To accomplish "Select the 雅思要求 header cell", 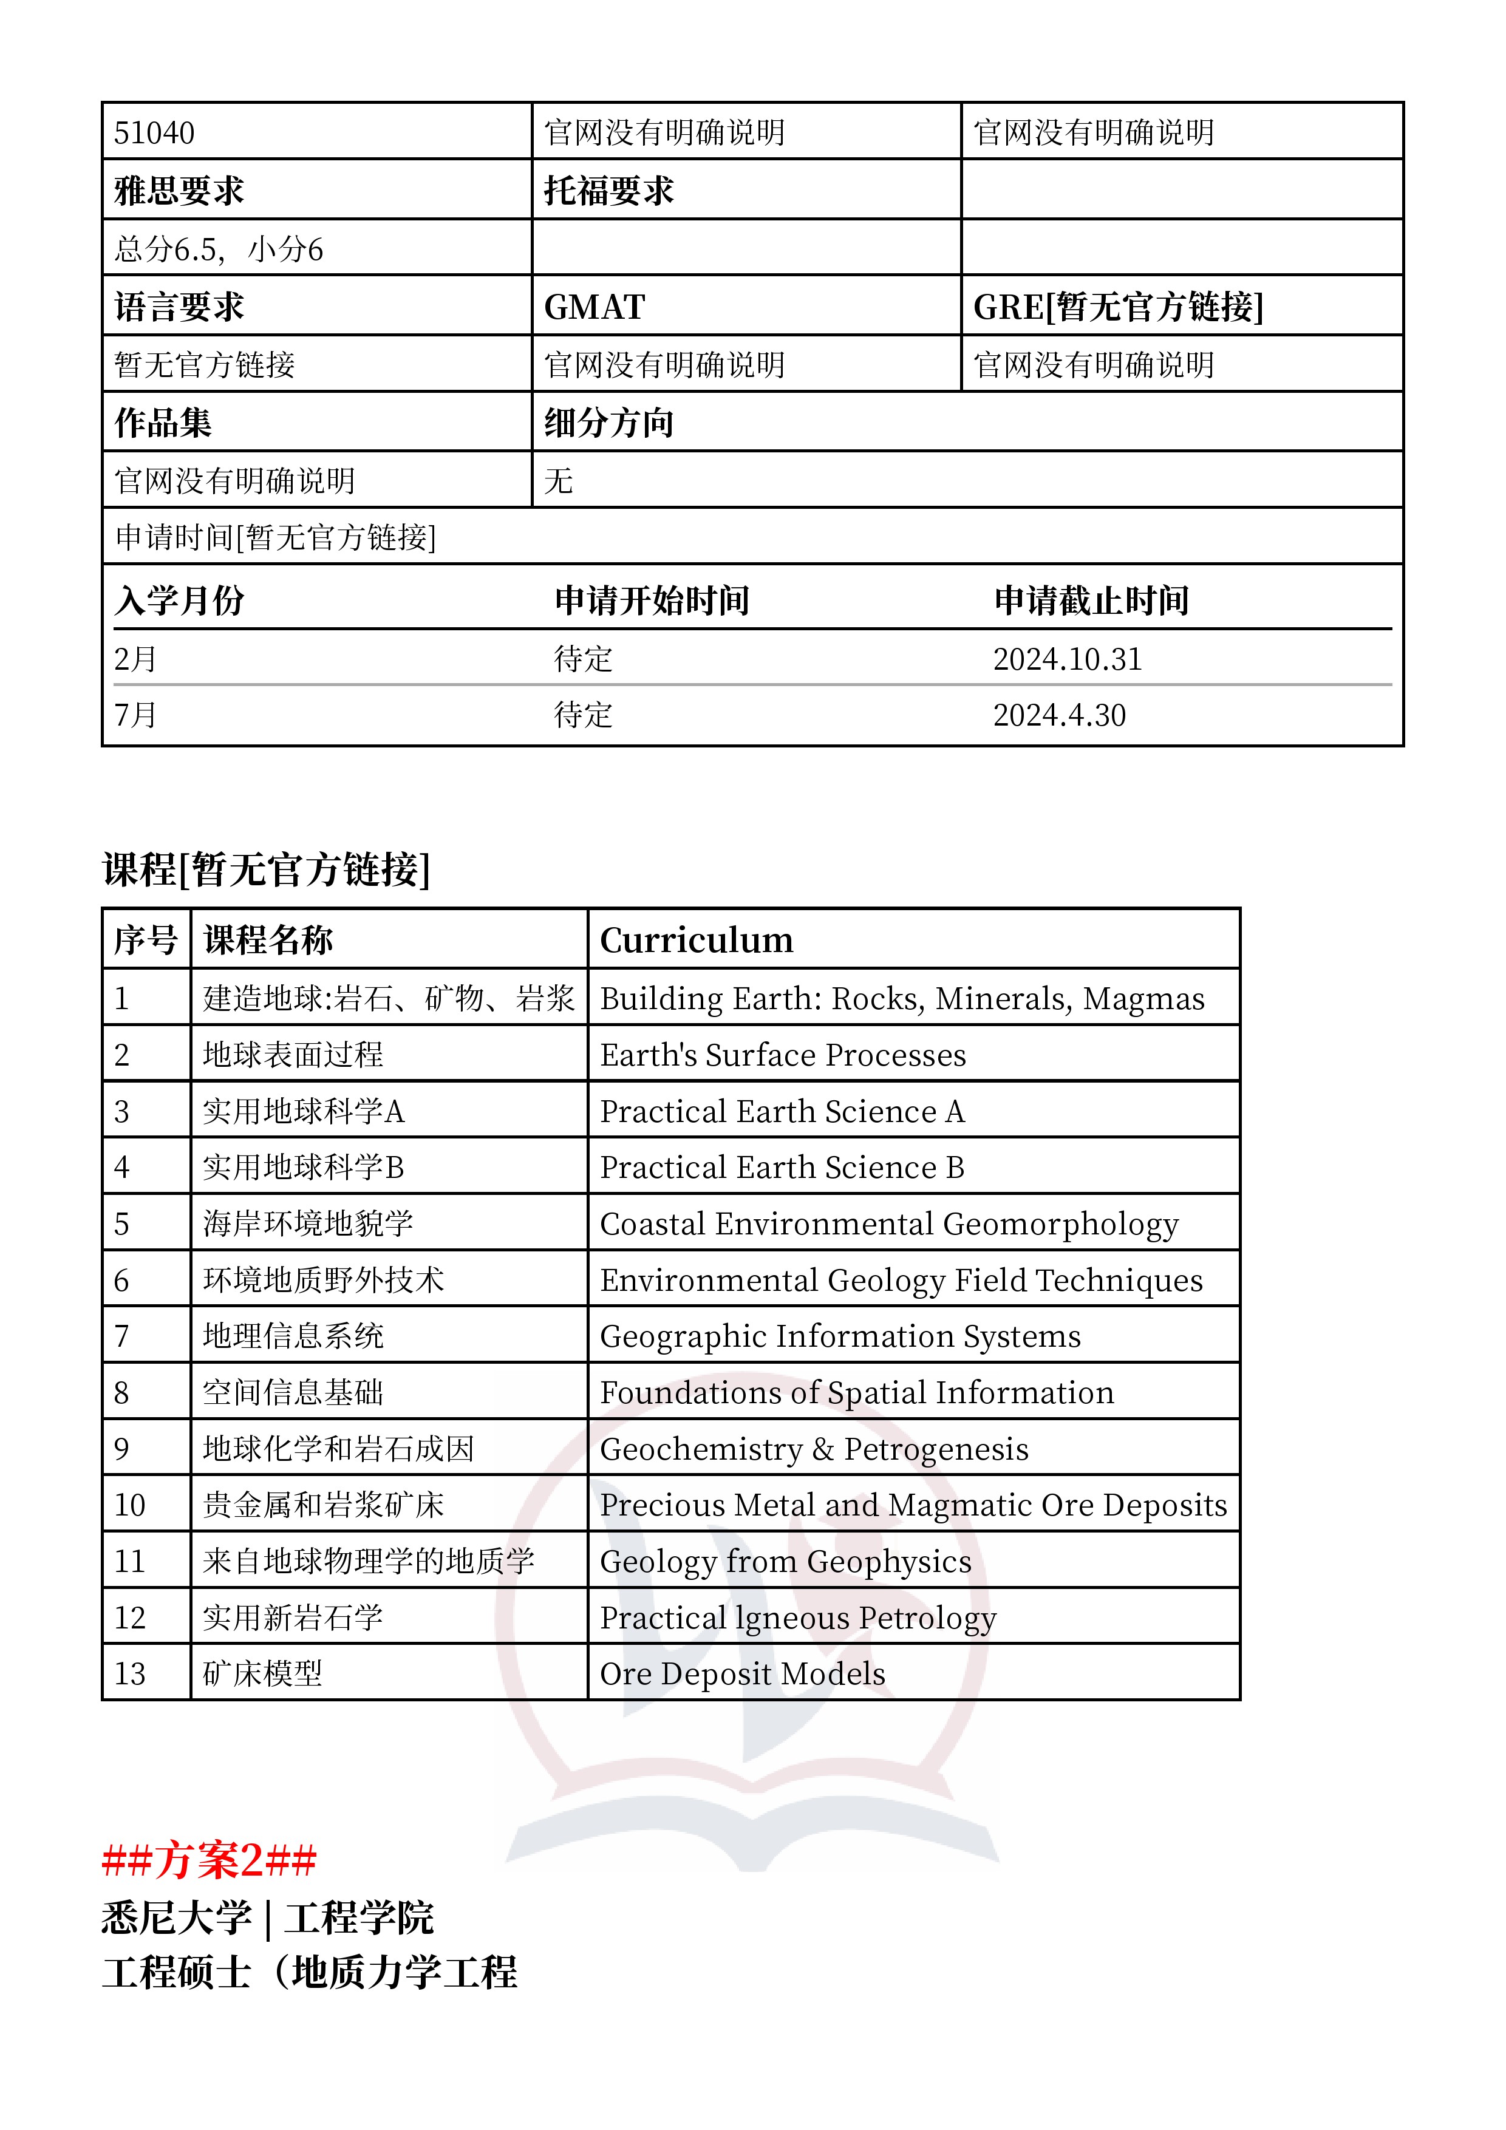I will tap(179, 191).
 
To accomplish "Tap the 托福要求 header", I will tap(608, 191).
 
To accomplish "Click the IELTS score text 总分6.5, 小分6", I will tap(219, 250).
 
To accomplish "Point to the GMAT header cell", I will tap(595, 307).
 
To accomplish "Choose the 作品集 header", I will tap(163, 423).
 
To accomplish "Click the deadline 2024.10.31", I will tap(1067, 659).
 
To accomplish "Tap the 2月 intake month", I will tap(135, 659).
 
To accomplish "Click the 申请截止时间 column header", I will tap(1091, 601).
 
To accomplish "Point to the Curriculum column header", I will tap(697, 941).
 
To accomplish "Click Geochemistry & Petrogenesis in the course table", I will tap(814, 1449).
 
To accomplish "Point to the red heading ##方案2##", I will tap(210, 1860).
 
